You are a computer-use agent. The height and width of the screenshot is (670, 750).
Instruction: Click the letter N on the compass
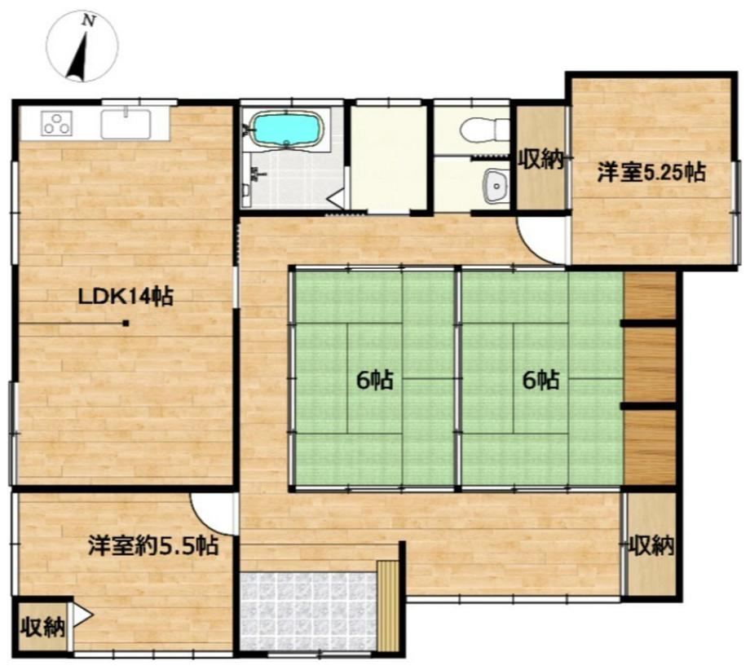[x=89, y=20]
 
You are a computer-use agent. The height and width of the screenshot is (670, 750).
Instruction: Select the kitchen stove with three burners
[x=57, y=123]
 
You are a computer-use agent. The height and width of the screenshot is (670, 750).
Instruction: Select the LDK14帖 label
[x=126, y=298]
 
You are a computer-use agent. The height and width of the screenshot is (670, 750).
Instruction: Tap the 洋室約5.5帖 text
[x=153, y=545]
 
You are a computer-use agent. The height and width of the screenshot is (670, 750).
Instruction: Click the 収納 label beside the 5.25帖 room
[x=541, y=160]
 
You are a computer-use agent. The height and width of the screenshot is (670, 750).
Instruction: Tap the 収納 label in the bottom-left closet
[x=43, y=627]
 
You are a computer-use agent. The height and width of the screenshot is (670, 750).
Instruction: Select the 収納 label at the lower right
[x=651, y=545]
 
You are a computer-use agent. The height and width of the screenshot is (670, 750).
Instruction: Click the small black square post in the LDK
[x=126, y=324]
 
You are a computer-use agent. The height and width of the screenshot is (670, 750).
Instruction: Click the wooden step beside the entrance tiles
[x=387, y=605]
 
